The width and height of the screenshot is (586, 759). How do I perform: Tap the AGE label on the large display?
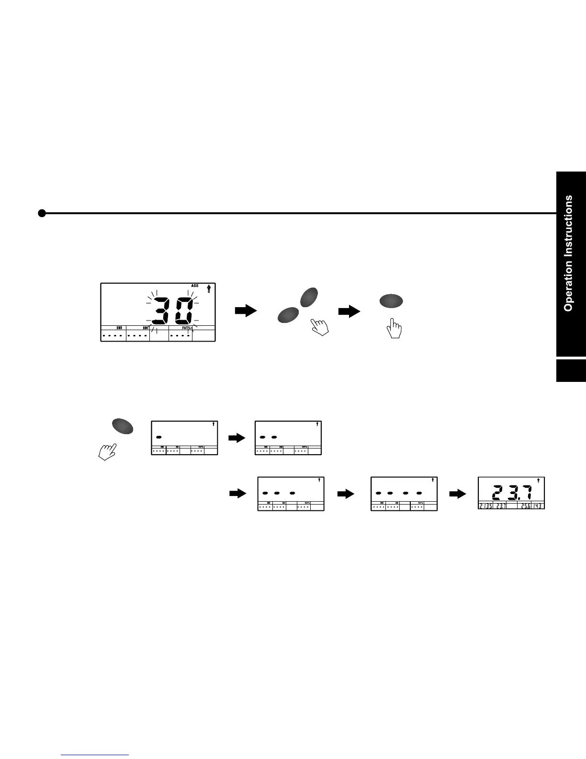point(195,286)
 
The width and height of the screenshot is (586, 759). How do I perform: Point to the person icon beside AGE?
point(209,289)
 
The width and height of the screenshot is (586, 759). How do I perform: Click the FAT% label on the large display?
point(187,328)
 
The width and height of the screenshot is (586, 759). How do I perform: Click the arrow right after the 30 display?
point(246,311)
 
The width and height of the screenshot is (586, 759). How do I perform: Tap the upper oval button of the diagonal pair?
point(309,297)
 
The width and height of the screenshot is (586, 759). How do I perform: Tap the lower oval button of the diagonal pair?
point(288,316)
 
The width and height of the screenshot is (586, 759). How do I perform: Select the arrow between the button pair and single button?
point(349,311)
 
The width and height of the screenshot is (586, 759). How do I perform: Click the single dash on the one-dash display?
point(159,437)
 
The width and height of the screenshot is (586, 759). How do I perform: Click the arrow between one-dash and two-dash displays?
point(237,437)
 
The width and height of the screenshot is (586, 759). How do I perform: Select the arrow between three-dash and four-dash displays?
point(345,494)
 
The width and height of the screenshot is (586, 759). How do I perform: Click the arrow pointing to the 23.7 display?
point(458,494)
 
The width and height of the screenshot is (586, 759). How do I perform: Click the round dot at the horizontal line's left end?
point(42,213)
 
